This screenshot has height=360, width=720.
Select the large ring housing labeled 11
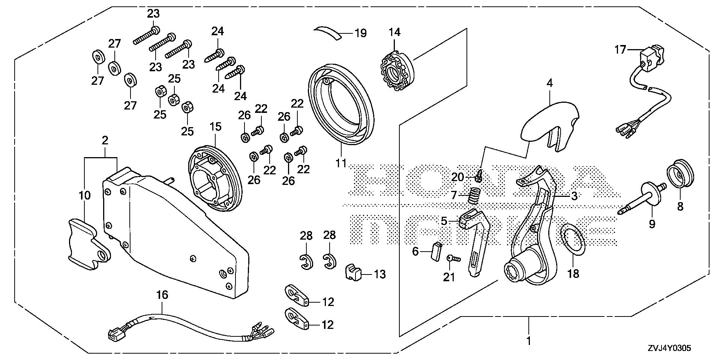pos(341,105)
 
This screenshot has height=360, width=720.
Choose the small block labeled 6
pos(436,252)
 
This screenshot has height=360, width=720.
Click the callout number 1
pos(529,342)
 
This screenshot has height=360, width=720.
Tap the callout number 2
pos(105,141)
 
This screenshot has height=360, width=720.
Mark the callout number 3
pos(574,196)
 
